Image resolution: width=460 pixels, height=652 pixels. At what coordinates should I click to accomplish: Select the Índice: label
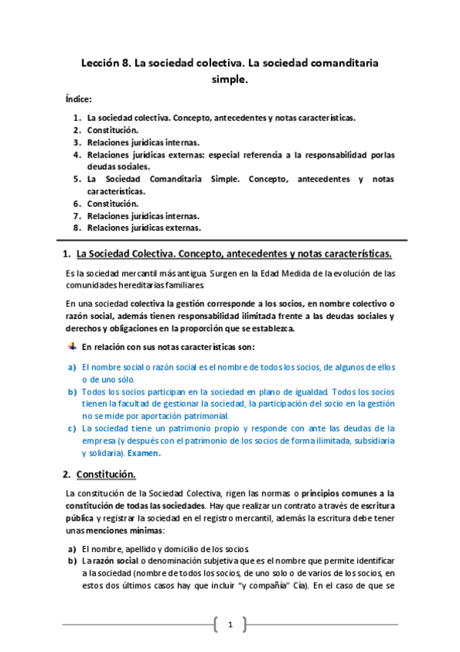pos(79,100)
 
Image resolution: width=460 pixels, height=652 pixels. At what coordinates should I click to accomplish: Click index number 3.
pos(77,142)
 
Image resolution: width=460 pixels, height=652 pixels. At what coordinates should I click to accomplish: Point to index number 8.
pos(77,228)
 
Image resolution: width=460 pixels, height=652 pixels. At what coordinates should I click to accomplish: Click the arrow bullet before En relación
pos(73,347)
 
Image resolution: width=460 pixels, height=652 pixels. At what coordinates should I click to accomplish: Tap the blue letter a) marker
pos(71,367)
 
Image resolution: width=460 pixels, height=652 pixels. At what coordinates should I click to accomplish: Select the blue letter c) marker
pos(71,428)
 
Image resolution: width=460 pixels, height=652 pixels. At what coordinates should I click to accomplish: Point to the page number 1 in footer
pos(230,624)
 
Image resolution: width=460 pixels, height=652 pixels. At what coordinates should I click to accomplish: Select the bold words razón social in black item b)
pos(111,561)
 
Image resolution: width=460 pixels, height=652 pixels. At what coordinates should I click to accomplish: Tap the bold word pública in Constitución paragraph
pos(82,518)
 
